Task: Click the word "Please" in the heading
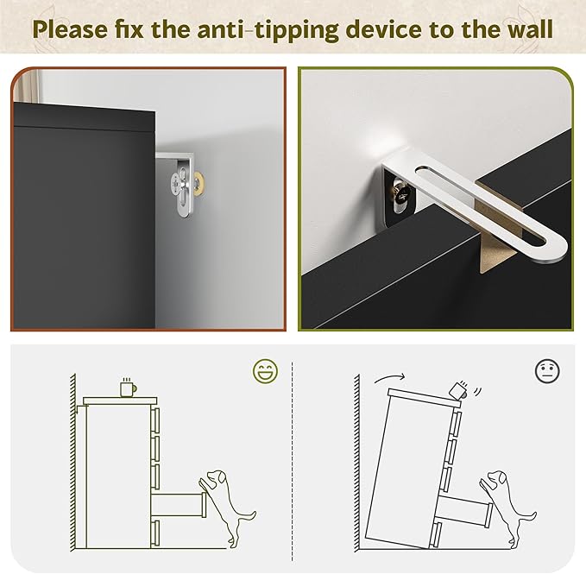point(70,28)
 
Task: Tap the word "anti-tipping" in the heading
point(268,29)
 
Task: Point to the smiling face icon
point(265,370)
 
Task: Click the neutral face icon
point(547,370)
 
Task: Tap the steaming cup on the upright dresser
point(128,387)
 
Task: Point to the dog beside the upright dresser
point(225,505)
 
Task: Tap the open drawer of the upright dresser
point(179,504)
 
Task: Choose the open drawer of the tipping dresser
point(463,510)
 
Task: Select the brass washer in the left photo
point(199,183)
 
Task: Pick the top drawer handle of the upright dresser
point(156,420)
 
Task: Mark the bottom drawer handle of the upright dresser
point(156,533)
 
